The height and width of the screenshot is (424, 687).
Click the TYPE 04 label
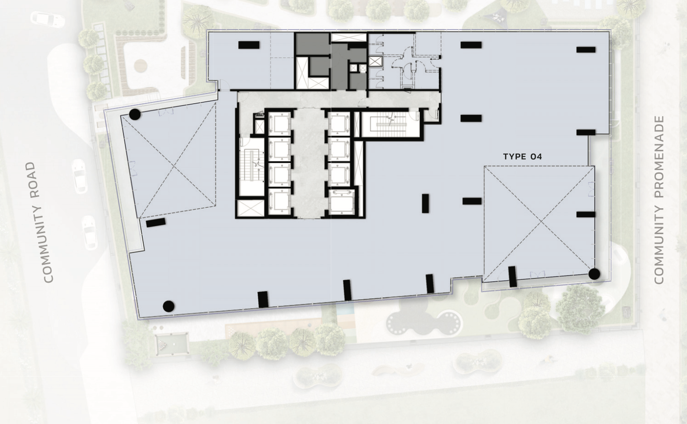point(523,157)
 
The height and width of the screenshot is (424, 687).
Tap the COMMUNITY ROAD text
point(40,222)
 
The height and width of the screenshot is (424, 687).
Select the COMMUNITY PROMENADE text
point(659,200)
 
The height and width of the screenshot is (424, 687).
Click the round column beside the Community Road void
point(135,114)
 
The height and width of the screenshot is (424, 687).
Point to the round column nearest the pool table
point(168,306)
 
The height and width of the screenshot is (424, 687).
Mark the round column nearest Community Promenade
point(594,274)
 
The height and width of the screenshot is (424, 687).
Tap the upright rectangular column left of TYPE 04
point(425,203)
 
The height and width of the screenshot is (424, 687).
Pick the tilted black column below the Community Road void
point(155,222)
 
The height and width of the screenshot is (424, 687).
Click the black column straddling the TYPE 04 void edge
point(512,277)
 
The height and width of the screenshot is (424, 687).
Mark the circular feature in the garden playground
point(140,65)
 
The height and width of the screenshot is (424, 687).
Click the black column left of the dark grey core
point(248,45)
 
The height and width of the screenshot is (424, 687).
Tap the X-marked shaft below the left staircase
point(250,208)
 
